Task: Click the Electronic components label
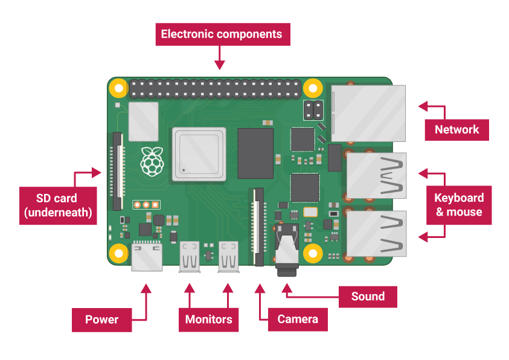pos(222,34)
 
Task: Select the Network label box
pos(456,130)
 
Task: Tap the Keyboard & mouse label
pos(459,205)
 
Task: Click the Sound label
pos(367,297)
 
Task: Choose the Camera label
pos(297,319)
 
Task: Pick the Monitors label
pos(208,320)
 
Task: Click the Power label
pos(101,320)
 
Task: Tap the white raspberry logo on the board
pos(151,161)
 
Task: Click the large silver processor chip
pos(199,154)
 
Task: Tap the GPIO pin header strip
pos(214,90)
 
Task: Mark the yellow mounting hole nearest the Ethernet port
pos(312,89)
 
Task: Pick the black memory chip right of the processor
pos(255,153)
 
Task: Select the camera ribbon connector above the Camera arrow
pos(259,227)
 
